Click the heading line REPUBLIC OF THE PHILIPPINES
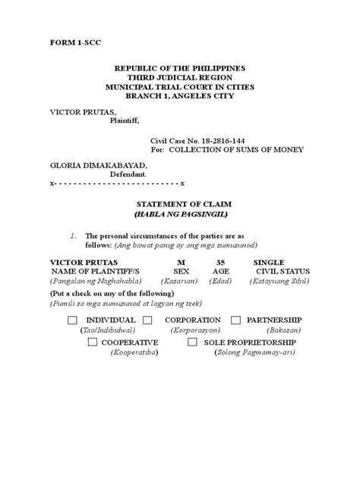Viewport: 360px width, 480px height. tap(180, 68)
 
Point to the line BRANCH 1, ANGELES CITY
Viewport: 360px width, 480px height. tap(180, 96)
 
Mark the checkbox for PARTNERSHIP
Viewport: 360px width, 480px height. tap(235, 321)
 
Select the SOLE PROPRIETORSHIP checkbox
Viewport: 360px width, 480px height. tap(193, 343)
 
